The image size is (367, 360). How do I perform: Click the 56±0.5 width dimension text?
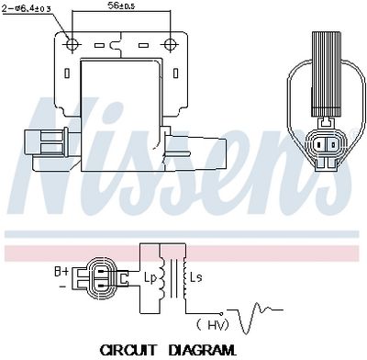pyautogui.click(x=121, y=6)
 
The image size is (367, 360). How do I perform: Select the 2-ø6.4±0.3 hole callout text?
pyautogui.click(x=27, y=8)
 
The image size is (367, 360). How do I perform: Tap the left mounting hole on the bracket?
pyautogui.click(x=72, y=45)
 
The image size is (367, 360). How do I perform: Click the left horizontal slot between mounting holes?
pyautogui.click(x=99, y=46)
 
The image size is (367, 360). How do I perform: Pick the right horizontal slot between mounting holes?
pyautogui.click(x=143, y=46)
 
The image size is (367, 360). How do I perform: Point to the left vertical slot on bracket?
pyautogui.click(x=67, y=73)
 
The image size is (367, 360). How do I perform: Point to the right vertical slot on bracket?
pyautogui.click(x=176, y=73)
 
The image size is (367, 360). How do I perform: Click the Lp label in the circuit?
pyautogui.click(x=150, y=277)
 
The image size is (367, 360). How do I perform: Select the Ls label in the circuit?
pyautogui.click(x=196, y=277)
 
